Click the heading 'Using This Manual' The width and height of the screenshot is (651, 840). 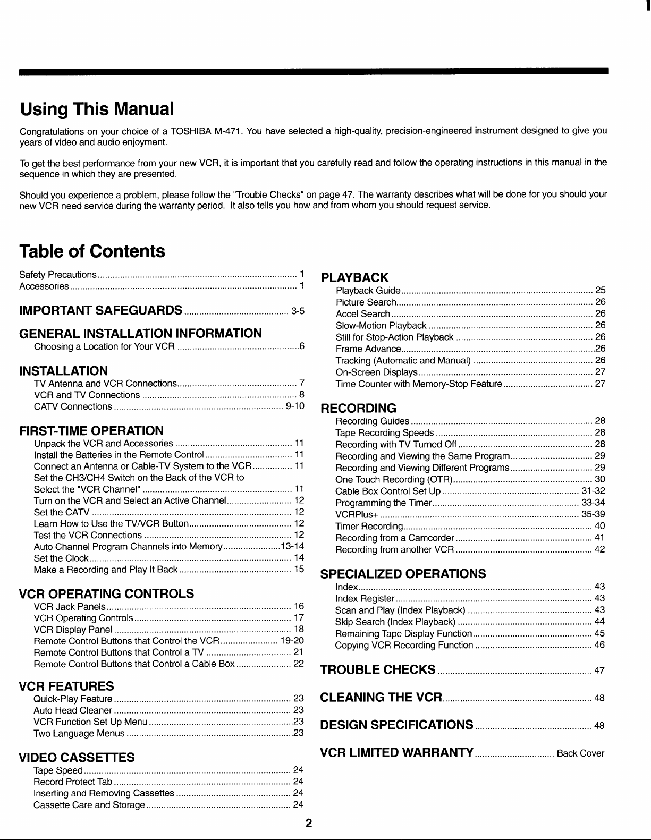(97, 109)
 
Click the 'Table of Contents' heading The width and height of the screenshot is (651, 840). (92, 251)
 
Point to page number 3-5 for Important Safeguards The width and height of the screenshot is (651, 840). (297, 311)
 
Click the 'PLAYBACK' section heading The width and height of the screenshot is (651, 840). (355, 277)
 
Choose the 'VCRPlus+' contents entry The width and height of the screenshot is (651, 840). (357, 514)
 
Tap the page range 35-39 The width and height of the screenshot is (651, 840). (593, 514)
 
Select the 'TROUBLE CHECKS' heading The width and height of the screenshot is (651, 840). (378, 669)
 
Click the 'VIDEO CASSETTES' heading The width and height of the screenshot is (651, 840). (77, 757)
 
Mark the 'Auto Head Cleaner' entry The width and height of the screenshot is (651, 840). (72, 710)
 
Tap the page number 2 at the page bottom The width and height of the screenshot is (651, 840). (308, 824)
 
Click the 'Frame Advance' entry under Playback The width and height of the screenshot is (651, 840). (368, 349)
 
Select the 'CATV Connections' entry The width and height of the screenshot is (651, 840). (72, 407)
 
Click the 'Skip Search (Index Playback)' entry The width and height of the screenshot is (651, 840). (395, 622)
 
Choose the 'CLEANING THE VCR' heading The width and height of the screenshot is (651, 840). (382, 697)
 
